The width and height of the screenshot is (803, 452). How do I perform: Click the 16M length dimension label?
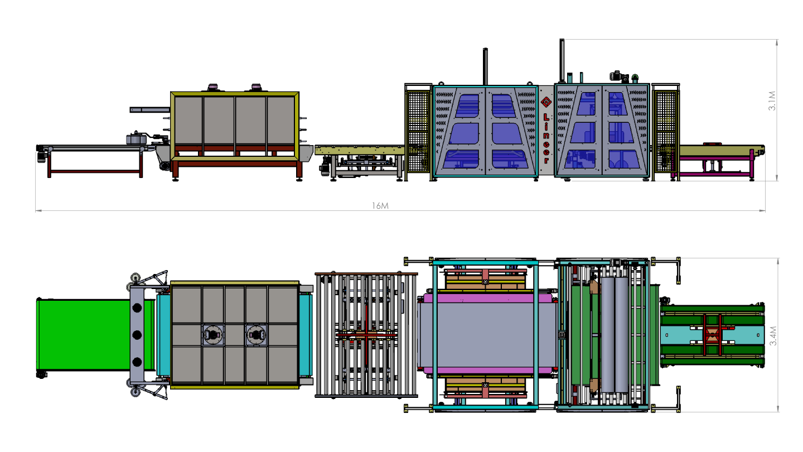(x=380, y=205)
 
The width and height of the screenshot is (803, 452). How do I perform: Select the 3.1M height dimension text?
(x=772, y=101)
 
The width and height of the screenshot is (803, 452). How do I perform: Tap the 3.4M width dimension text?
(x=773, y=336)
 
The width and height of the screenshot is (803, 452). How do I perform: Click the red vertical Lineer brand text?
(x=546, y=138)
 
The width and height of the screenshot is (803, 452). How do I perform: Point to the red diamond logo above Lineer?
(x=546, y=102)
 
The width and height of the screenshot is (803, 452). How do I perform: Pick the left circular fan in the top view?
(x=213, y=335)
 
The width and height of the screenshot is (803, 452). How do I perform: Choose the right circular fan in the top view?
(x=256, y=335)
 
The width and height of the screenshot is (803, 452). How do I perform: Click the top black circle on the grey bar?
(x=137, y=307)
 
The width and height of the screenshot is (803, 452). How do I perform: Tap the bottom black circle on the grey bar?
(x=137, y=362)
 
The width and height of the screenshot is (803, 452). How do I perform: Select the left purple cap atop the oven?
(x=212, y=87)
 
